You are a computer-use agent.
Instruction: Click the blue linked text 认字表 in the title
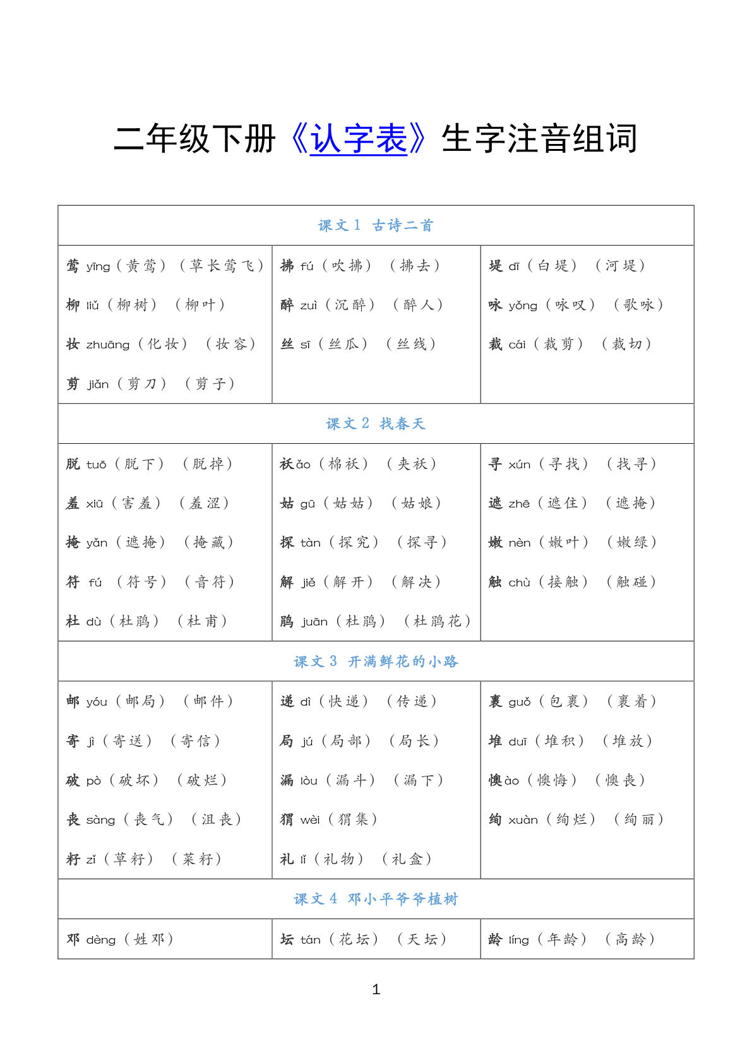(x=359, y=139)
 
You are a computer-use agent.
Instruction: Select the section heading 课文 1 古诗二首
(x=376, y=225)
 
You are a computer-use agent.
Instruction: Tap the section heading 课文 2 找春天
(x=376, y=424)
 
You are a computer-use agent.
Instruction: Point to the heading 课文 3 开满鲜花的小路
(x=376, y=662)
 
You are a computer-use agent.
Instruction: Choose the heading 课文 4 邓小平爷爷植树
(x=376, y=899)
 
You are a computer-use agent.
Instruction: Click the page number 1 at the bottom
(x=376, y=989)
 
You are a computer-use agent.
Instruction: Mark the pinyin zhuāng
(x=108, y=345)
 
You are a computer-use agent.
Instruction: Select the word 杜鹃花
(x=438, y=621)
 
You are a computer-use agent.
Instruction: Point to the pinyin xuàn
(x=523, y=820)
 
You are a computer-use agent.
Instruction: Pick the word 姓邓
(x=149, y=939)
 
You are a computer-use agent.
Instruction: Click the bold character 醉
(x=287, y=305)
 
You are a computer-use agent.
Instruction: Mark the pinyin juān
(x=314, y=622)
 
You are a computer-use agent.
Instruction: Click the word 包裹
(x=564, y=701)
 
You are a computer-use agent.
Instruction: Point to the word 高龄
(x=630, y=939)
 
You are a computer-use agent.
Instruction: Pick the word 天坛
(x=422, y=939)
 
